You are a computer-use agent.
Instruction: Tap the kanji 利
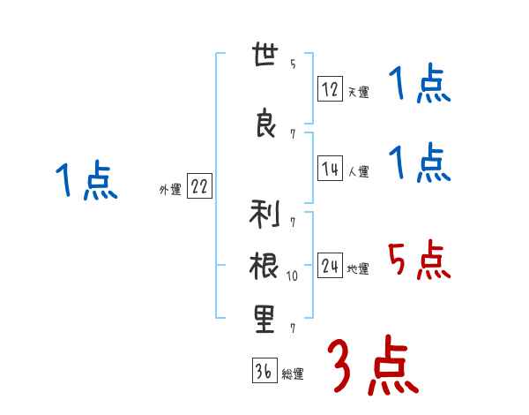[264, 215]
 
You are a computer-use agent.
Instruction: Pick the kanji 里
[264, 318]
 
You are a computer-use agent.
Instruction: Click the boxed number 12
[330, 88]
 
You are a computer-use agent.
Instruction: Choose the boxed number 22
[199, 187]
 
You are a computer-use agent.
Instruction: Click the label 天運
[357, 91]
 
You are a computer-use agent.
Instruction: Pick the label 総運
[292, 373]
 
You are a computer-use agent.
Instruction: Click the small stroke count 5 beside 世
[292, 64]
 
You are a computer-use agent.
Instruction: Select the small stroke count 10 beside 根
[293, 276]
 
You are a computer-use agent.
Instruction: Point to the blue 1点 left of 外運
[86, 181]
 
